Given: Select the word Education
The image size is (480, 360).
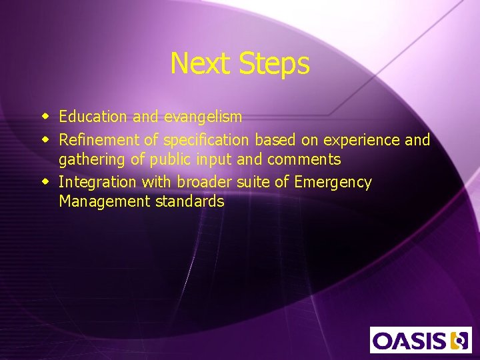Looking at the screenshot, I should (x=93, y=117).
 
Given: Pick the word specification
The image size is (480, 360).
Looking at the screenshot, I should (x=207, y=140).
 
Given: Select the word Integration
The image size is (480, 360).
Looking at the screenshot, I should (x=93, y=182).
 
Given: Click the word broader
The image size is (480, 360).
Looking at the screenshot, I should (x=202, y=182).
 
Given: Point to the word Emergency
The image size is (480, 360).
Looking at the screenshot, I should (x=333, y=182).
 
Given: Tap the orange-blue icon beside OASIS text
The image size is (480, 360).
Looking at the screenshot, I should (x=459, y=341).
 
